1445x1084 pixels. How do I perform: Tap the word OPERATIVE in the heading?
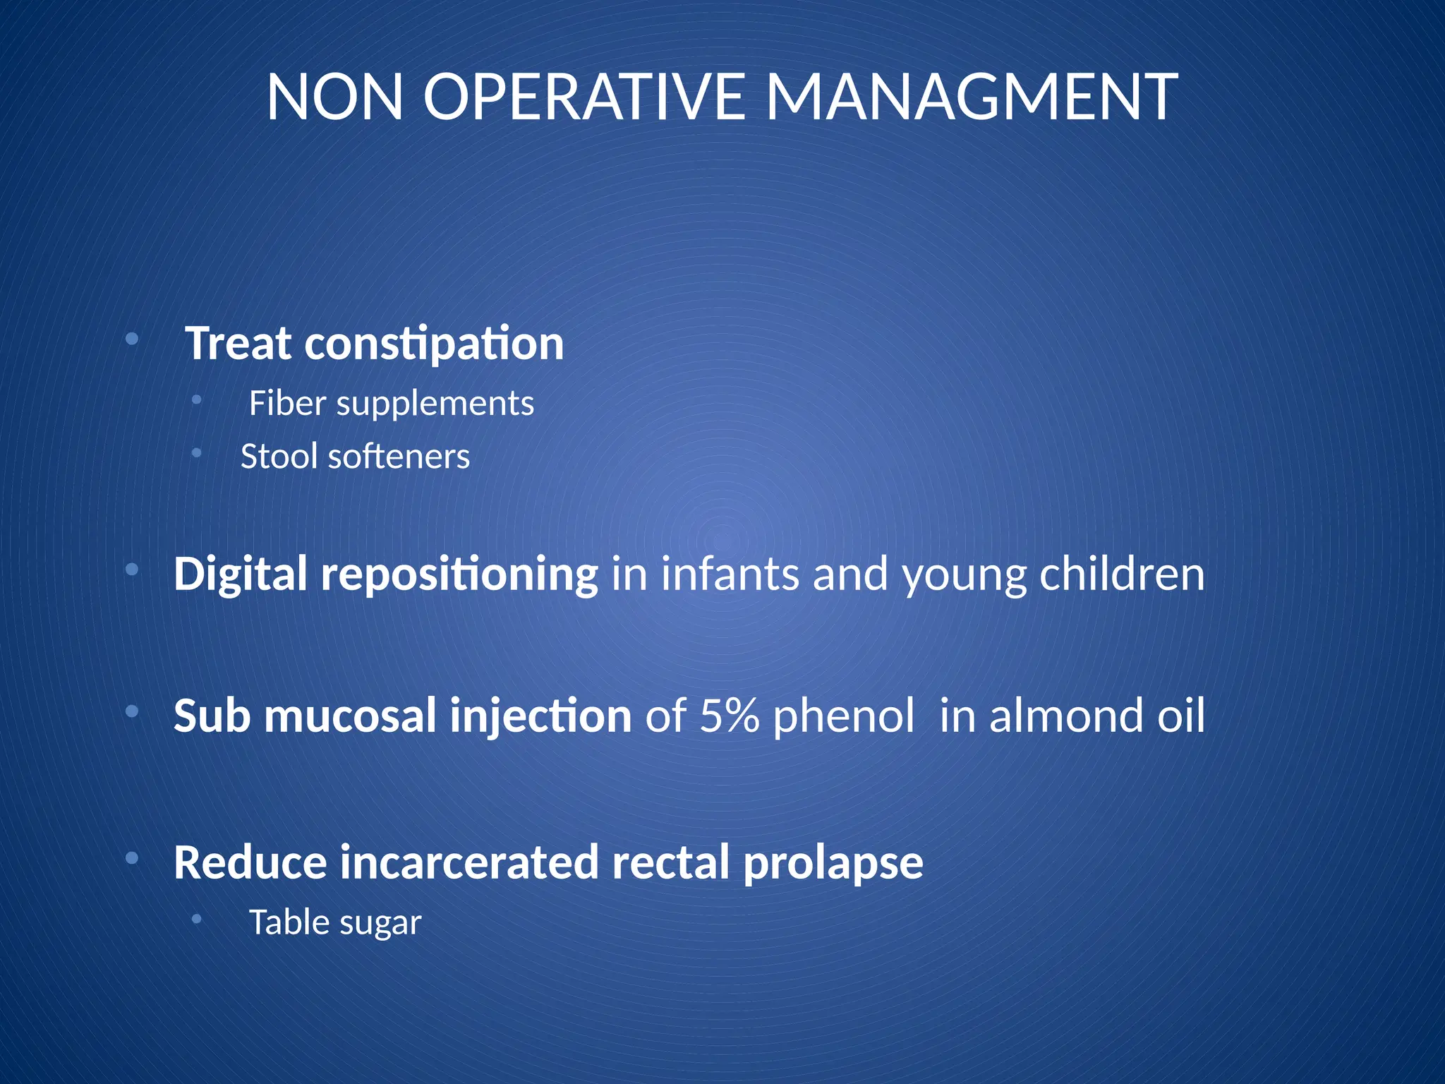(584, 97)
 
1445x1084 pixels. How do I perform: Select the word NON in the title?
(334, 97)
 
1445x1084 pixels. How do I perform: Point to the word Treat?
(238, 344)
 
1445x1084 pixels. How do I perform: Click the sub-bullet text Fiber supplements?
(391, 404)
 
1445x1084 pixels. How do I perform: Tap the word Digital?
(241, 574)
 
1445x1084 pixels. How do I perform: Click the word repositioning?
(459, 575)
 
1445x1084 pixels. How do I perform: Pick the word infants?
(730, 574)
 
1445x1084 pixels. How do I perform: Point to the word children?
(1122, 574)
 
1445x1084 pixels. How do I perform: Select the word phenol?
(844, 716)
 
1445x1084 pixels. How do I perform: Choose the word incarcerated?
(469, 862)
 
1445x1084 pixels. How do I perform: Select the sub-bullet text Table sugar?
(335, 923)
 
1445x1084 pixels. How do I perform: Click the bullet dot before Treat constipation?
(131, 339)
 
